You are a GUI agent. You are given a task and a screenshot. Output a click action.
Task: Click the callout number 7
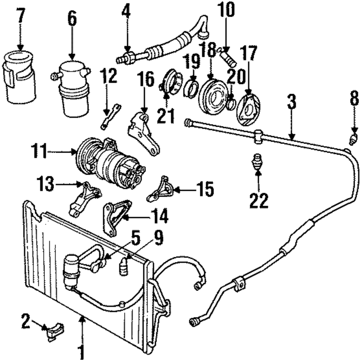click(x=21, y=15)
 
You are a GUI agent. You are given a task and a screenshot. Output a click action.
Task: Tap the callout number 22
click(x=259, y=200)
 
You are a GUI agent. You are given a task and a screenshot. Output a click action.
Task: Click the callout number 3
click(x=291, y=102)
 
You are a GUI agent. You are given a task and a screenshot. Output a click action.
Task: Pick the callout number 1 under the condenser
click(x=81, y=350)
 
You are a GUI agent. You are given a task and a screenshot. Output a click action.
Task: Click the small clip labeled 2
click(x=55, y=331)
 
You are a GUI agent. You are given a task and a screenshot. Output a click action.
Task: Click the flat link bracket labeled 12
click(x=111, y=116)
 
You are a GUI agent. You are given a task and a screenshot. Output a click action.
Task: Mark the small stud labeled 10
click(x=227, y=56)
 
